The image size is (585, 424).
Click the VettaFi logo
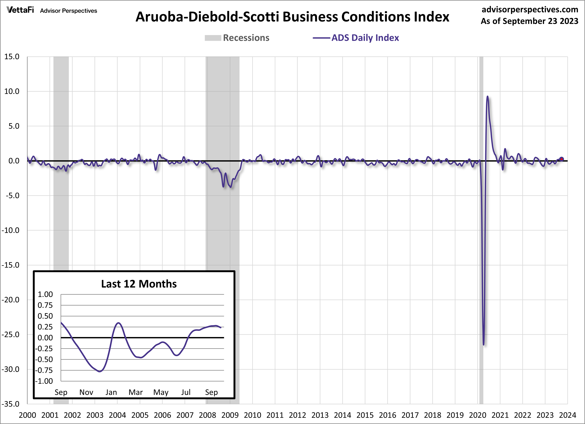coord(20,10)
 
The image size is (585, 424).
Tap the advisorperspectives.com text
coord(530,10)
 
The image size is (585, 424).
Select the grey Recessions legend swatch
coord(213,38)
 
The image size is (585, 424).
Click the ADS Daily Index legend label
coord(365,38)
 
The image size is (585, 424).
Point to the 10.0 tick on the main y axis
coord(12,91)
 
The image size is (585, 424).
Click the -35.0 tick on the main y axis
coord(11,404)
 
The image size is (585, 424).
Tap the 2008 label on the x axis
coord(207,415)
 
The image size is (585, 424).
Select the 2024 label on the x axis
coord(567,415)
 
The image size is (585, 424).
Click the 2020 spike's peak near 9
coord(487,97)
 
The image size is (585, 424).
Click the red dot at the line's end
coord(562,159)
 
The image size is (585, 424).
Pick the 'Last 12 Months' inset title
coord(139,284)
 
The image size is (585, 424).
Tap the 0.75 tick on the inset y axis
coord(45,305)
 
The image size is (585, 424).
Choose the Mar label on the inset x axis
coord(136,392)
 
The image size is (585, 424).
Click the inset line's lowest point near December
coord(100,371)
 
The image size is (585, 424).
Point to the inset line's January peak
coord(119,323)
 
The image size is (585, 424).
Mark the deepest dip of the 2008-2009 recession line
coord(231,187)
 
